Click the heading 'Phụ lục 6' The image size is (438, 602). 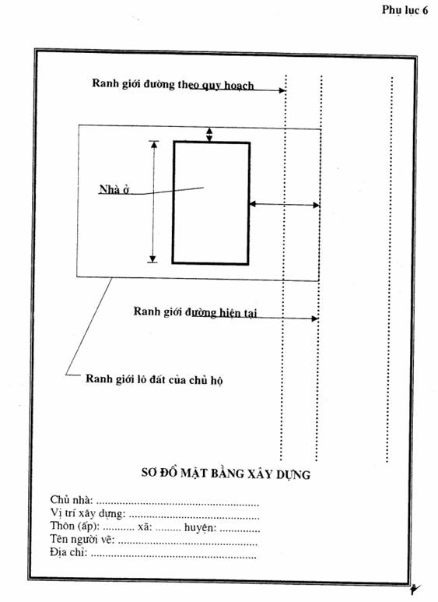coord(405,9)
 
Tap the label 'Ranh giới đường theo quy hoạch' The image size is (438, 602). coord(173,84)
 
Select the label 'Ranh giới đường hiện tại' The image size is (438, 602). coord(195,312)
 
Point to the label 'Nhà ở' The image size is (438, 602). coord(114,189)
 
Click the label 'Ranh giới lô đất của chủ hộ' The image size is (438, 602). coord(154,380)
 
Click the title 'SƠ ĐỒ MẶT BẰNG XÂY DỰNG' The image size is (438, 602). coord(226,474)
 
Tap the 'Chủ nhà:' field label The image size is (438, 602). coord(72,500)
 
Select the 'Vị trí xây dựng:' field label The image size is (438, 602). coord(88,513)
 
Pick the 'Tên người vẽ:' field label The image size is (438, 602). coord(82,540)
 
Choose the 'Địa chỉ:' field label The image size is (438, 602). coord(68,552)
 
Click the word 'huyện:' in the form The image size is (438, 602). coord(200,527)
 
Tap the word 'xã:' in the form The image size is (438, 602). coord(145,526)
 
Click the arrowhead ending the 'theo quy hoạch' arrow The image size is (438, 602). coord(282,90)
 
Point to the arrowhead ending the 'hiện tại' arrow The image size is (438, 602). coord(315,319)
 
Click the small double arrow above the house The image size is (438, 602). coord(209,135)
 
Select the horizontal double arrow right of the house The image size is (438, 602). coord(285,205)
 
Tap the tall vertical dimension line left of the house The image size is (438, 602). coord(153,202)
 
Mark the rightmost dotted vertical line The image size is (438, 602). coord(389,269)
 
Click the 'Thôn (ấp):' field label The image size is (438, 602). coord(75,526)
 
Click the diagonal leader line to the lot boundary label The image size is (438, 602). coord(89,326)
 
